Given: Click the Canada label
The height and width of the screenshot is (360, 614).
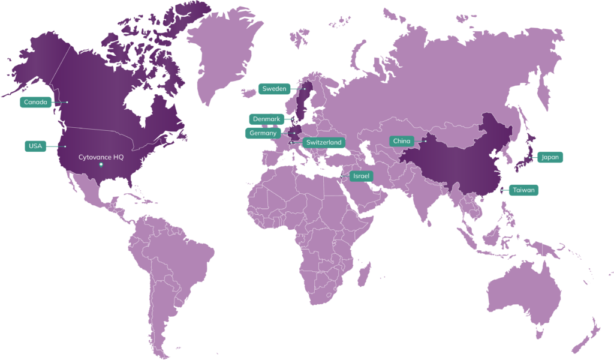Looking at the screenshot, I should click(x=35, y=102).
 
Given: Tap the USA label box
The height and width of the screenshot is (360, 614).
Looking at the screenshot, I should click(x=35, y=146).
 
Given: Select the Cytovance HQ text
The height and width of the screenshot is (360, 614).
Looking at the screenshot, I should click(x=101, y=157).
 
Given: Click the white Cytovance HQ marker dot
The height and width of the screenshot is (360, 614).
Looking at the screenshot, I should click(x=101, y=164).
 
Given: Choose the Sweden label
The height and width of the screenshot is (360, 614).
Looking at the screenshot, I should click(x=275, y=88).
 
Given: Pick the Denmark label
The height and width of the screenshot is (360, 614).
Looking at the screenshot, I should click(x=266, y=119).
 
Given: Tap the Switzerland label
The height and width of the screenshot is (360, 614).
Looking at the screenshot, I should click(x=323, y=142).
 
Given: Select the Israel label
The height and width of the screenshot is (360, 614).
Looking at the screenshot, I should click(x=362, y=176).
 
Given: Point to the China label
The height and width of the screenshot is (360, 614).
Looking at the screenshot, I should click(x=402, y=141).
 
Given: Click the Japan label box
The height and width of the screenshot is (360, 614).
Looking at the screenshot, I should click(x=550, y=157).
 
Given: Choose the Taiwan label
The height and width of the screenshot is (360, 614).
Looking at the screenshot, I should click(x=524, y=190).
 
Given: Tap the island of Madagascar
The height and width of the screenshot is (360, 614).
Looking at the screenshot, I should click(x=363, y=274).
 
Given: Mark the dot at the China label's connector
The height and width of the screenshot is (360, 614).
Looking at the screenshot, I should click(x=425, y=141).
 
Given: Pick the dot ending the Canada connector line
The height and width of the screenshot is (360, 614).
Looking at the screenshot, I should click(x=67, y=102).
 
